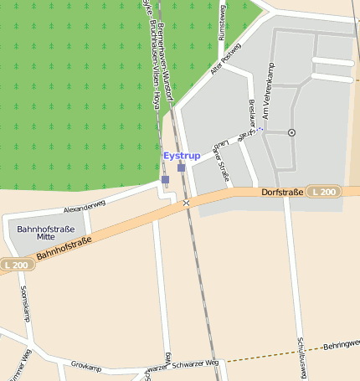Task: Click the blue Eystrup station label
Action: pos(182,156)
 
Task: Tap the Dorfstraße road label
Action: pos(280,193)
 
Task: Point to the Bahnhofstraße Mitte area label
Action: pos(46,234)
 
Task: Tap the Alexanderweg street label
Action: pos(85,203)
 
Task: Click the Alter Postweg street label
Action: pos(225,60)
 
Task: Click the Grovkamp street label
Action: pos(86,366)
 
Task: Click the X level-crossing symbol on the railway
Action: pos(186,203)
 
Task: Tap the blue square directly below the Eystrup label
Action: pos(182,167)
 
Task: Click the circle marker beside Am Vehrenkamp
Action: pos(291,132)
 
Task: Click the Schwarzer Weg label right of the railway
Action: pos(201,364)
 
